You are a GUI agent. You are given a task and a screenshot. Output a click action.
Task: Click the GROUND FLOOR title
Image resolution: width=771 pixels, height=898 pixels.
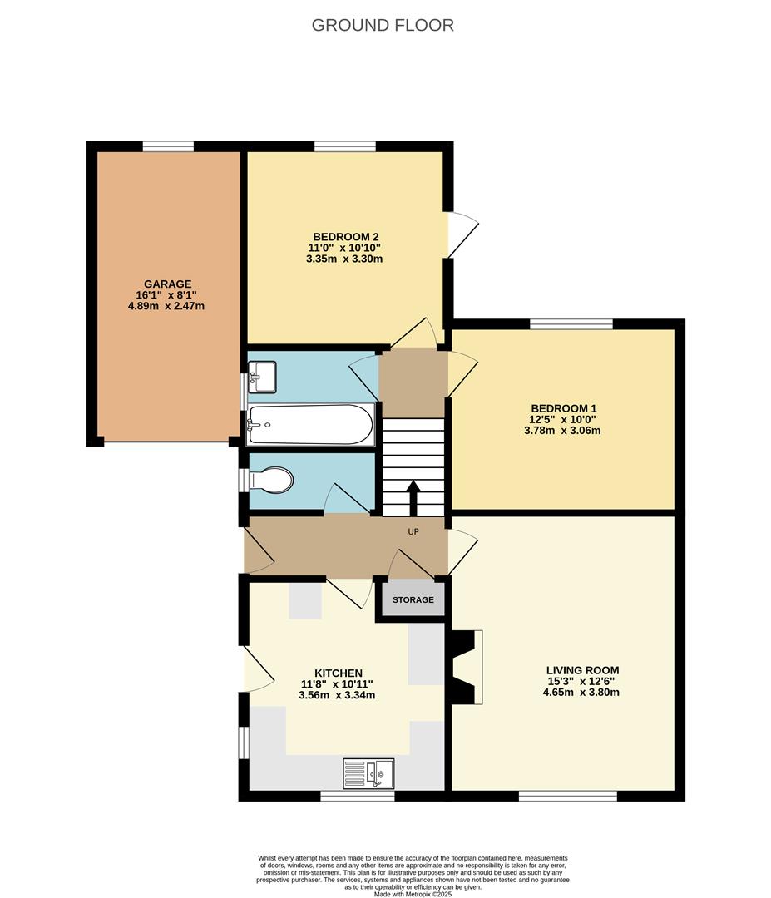coord(383,25)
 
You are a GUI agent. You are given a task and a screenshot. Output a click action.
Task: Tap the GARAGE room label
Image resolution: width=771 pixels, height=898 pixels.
coord(166,284)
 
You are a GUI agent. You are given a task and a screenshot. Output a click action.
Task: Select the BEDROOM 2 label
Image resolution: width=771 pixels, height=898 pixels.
coord(340,236)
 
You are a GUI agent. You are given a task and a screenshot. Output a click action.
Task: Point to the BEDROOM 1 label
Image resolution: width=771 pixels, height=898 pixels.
coord(563,408)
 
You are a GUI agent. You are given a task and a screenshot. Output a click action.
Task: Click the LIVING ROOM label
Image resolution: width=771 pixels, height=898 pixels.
coord(582,670)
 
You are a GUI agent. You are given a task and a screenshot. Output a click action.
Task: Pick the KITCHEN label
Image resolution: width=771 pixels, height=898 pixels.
coord(338,673)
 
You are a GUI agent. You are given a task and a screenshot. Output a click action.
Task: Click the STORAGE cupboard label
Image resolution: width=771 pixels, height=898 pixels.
coord(413,600)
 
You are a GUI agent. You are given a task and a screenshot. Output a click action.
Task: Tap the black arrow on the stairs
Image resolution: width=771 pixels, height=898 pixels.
coord(413,497)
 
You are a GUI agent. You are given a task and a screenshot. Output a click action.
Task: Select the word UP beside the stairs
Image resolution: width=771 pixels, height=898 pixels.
coord(413,532)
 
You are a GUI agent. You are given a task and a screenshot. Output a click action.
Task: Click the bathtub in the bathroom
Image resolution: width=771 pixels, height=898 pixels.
coord(310,425)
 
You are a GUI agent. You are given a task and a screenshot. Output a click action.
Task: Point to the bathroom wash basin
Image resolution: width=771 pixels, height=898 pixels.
coord(264,376)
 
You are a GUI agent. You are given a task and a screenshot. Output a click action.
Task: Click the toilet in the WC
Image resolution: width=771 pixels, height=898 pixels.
coord(272,481)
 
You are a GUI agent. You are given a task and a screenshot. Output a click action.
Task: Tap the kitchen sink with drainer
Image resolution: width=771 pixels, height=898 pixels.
coord(368,773)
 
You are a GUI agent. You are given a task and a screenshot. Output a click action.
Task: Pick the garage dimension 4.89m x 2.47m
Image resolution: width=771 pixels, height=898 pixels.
coord(166,306)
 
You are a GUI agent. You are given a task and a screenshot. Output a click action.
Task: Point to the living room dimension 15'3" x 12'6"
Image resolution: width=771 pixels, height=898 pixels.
coord(582,681)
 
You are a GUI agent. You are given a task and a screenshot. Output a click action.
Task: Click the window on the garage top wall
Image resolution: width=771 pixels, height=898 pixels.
coord(168,146)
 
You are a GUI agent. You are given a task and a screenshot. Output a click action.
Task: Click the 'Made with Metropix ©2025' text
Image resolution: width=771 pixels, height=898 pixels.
coord(413,894)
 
